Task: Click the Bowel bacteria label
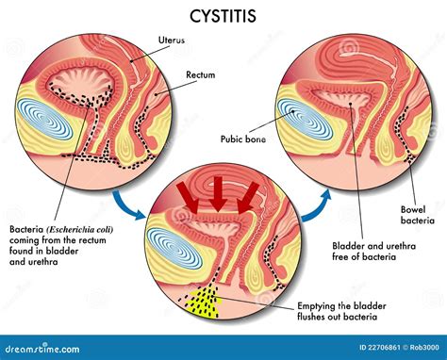[415, 215]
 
